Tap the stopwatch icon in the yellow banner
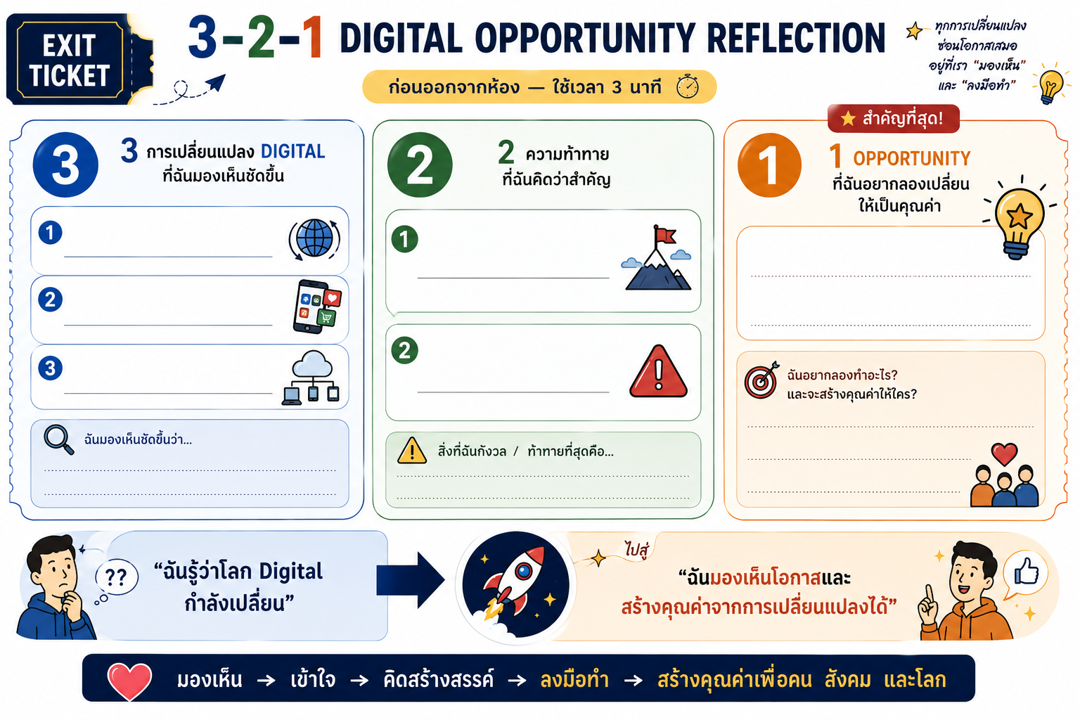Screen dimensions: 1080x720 coord(688,86)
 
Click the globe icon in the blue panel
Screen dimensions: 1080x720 coord(314,239)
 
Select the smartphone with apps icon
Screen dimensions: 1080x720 coord(317,307)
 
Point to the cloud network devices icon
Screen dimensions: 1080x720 coord(311,378)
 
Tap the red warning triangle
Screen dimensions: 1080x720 coord(658,371)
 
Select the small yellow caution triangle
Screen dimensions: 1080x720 coord(411,451)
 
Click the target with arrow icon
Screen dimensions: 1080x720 coord(761,380)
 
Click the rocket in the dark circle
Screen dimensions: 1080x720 coord(515,584)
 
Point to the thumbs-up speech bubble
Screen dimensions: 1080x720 coord(1025,574)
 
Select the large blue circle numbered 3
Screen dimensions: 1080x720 coord(65,165)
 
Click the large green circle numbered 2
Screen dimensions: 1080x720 coord(420,165)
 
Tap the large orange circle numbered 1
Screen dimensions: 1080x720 coord(769,165)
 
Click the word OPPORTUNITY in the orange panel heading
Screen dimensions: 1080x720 coord(911,159)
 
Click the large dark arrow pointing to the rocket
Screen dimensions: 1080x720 coord(410,579)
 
